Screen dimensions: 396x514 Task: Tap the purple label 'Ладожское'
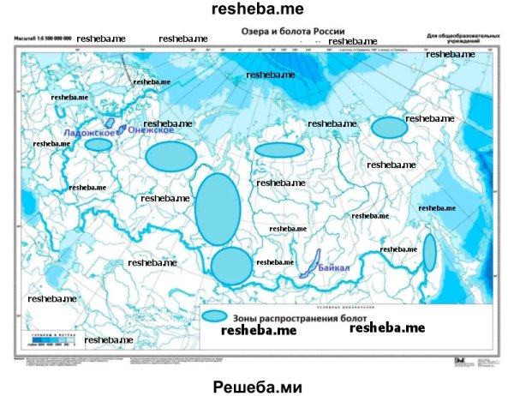89,133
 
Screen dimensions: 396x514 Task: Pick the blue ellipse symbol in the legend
214,316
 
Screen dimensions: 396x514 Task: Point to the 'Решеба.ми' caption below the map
258,386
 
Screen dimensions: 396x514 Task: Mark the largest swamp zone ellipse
217,208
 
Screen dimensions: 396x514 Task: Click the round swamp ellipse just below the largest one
231,266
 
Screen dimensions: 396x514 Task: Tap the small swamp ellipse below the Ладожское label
99,145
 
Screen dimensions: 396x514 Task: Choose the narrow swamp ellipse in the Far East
429,252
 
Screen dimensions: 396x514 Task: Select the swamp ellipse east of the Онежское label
170,156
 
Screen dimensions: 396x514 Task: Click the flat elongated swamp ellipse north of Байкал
279,150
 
